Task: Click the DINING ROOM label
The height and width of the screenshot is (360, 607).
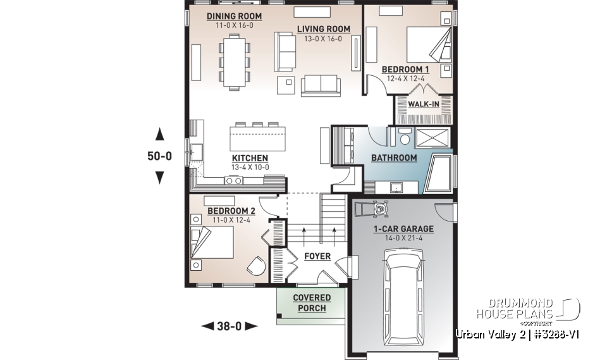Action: tap(235, 16)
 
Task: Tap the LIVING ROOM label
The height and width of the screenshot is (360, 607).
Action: tap(324, 29)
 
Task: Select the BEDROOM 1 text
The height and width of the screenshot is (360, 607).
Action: tap(405, 70)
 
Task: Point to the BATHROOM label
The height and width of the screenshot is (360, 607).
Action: tap(393, 158)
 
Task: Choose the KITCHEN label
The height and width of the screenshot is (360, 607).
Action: tap(250, 158)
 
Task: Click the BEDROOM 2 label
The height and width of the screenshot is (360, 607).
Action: tap(231, 210)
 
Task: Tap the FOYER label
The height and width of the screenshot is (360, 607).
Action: tap(317, 256)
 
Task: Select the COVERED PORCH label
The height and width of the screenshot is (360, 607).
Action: tap(311, 303)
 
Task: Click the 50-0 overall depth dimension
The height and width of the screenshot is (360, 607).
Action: tap(159, 156)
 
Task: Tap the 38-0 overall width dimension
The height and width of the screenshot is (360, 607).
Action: tap(229, 326)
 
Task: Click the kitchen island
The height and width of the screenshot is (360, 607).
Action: tap(257, 137)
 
